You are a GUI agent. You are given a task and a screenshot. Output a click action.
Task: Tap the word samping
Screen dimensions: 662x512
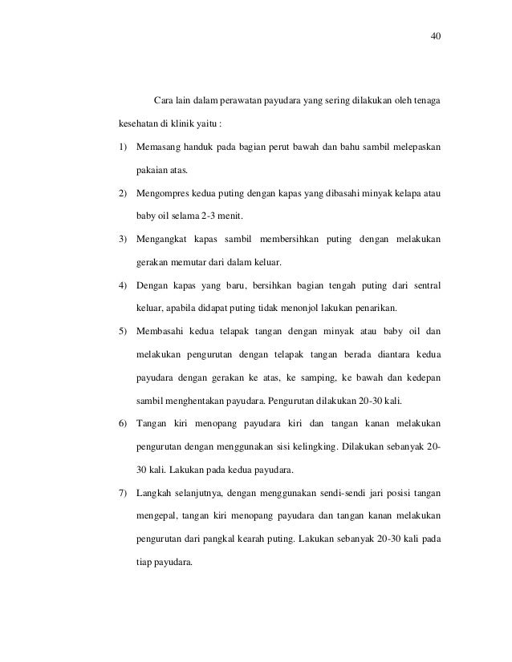point(309,375)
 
